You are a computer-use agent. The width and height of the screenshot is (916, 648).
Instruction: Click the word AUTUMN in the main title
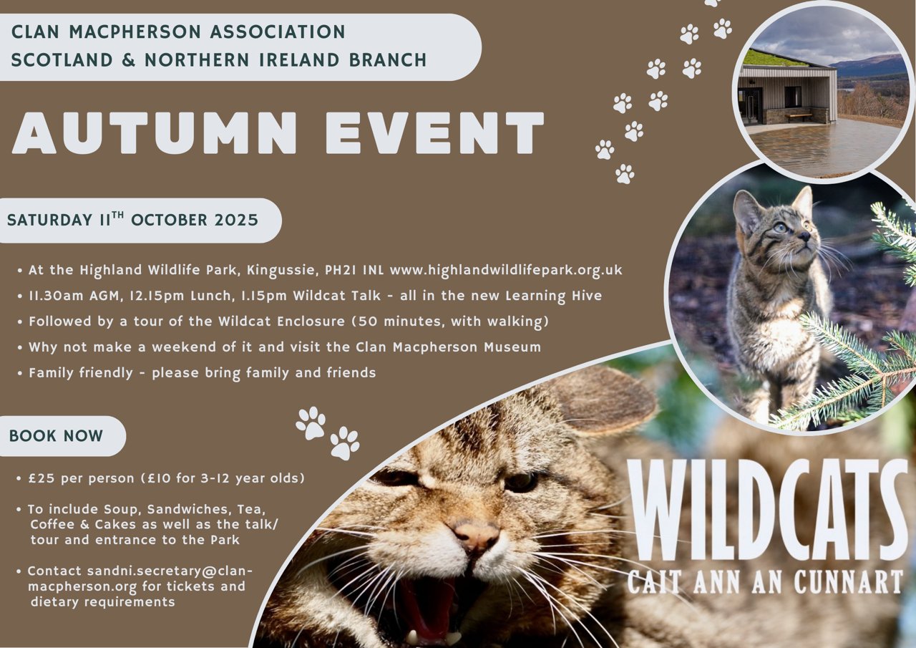(154, 133)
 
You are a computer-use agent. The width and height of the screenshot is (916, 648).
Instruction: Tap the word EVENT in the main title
(434, 133)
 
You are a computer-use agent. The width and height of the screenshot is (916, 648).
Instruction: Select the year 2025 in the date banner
(236, 220)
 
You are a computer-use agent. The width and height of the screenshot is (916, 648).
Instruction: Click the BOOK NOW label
(56, 436)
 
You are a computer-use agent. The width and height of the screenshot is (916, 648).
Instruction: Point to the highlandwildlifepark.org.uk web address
(506, 270)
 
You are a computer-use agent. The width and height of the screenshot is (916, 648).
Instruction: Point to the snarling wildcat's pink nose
(477, 536)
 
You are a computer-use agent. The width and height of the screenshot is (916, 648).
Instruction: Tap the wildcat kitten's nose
(804, 236)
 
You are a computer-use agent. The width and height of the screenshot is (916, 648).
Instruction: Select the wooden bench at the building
(797, 117)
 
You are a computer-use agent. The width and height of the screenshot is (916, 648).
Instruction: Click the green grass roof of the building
(777, 59)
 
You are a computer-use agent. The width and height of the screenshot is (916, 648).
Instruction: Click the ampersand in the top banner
(128, 60)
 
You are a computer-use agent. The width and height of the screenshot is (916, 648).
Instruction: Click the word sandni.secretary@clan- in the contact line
(170, 571)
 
